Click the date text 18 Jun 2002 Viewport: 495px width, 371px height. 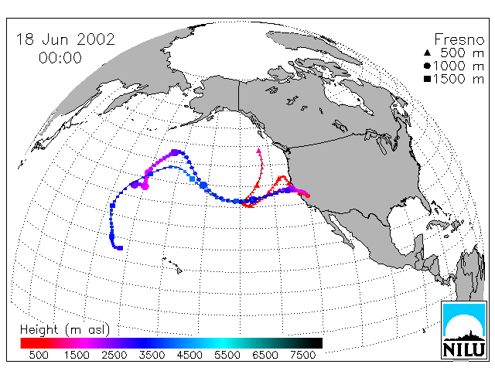pyautogui.click(x=65, y=39)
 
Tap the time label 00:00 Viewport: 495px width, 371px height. pyautogui.click(x=60, y=58)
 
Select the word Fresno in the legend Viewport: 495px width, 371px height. pyautogui.click(x=459, y=39)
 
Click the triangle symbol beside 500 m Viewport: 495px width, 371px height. pyautogui.click(x=427, y=53)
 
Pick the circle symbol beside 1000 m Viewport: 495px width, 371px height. pyautogui.click(x=427, y=66)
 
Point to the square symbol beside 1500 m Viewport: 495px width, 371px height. pyautogui.click(x=427, y=79)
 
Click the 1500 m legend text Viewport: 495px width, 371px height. pyautogui.click(x=459, y=79)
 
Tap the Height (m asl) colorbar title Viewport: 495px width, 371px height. pyautogui.click(x=65, y=330)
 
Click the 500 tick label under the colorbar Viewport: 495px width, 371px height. pyautogui.click(x=39, y=355)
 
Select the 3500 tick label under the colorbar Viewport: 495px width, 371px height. pyautogui.click(x=152, y=355)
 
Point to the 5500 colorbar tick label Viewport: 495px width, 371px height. pyautogui.click(x=227, y=355)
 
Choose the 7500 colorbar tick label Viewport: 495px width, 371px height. pyautogui.click(x=302, y=355)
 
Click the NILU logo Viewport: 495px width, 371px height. pyautogui.click(x=464, y=330)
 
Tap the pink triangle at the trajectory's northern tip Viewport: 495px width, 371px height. pyautogui.click(x=259, y=151)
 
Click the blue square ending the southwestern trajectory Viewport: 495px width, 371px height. pyautogui.click(x=121, y=248)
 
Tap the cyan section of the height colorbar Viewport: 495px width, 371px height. pyautogui.click(x=223, y=343)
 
